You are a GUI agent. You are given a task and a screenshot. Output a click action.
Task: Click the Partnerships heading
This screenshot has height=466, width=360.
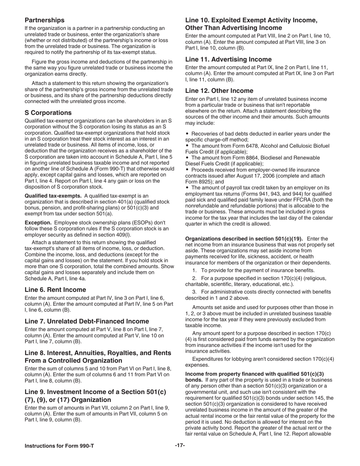pos(44,20)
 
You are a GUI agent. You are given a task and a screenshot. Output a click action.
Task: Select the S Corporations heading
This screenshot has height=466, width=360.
pos(48,113)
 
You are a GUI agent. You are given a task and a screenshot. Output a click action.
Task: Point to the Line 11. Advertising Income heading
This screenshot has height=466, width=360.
pos(228,59)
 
